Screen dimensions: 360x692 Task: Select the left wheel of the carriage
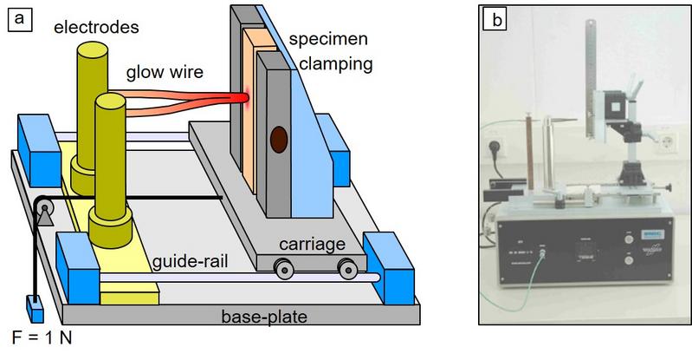point(283,270)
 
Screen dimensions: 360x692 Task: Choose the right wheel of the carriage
point(346,270)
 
